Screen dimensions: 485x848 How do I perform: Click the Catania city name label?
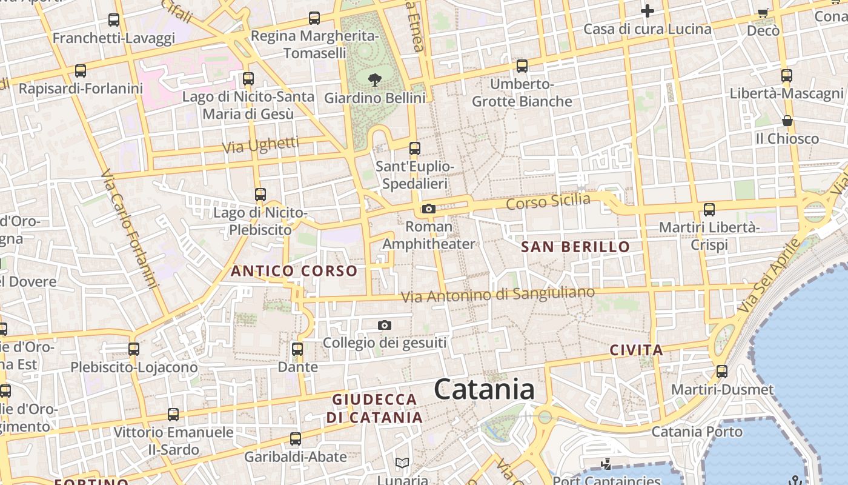click(484, 389)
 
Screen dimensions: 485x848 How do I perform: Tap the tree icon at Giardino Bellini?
click(375, 79)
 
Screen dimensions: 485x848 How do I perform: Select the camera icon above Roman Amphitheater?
click(429, 209)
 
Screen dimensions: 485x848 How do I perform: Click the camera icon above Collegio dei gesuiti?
click(385, 326)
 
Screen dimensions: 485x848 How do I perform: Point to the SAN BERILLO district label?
click(575, 247)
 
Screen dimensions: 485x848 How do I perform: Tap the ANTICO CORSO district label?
click(294, 271)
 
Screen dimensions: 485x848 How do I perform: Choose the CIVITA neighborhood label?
click(636, 350)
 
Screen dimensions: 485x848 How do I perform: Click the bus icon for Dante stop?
click(297, 349)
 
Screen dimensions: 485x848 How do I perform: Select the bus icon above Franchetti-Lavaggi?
click(114, 20)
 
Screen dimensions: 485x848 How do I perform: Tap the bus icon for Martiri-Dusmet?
click(722, 372)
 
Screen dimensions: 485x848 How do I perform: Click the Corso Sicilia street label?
click(548, 201)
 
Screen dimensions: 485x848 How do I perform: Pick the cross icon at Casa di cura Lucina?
click(648, 11)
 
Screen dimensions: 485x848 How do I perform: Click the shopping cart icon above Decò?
click(763, 13)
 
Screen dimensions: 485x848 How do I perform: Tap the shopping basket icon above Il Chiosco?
click(787, 121)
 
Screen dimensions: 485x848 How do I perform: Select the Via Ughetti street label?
click(260, 145)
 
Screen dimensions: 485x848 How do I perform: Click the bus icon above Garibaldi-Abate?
click(296, 438)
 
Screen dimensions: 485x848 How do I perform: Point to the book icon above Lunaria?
click(402, 463)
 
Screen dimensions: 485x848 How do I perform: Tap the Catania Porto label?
click(697, 432)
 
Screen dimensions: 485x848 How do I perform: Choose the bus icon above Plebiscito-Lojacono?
click(134, 349)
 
